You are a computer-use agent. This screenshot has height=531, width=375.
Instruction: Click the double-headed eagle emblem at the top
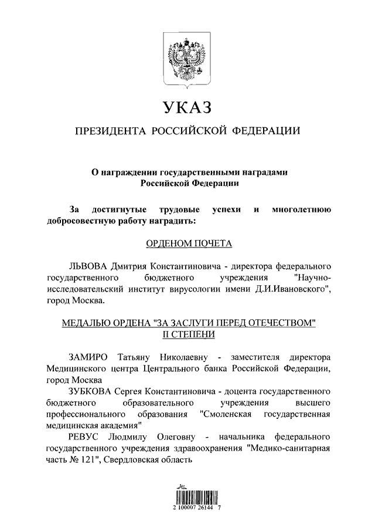tap(187, 58)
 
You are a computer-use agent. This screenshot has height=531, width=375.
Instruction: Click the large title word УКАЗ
tap(187, 108)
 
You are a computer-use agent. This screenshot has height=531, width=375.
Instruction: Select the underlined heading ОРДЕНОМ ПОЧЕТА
tap(187, 243)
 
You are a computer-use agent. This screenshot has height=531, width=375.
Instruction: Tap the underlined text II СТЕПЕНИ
tap(187, 334)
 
